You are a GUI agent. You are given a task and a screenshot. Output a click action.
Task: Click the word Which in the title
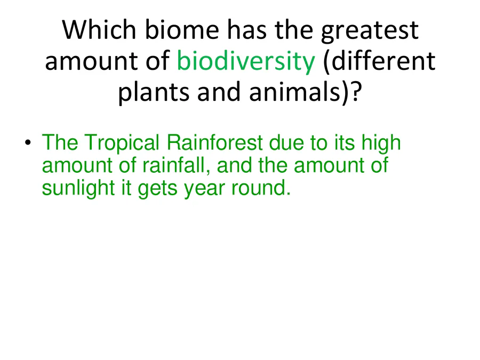pos(99,29)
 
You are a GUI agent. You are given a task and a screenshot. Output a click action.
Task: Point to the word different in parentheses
pos(380,61)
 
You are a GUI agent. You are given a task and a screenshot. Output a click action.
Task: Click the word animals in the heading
pos(295,92)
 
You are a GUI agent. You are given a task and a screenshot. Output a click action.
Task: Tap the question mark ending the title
pos(356,92)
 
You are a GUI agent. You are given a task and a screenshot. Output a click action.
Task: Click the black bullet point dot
pos(28,142)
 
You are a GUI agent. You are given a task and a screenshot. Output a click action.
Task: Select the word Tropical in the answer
pos(122,143)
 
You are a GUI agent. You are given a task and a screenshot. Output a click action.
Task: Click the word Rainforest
pos(214,142)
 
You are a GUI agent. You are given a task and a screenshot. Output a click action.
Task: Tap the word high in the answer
pos(381,143)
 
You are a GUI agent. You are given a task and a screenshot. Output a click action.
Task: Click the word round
pos(261,188)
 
